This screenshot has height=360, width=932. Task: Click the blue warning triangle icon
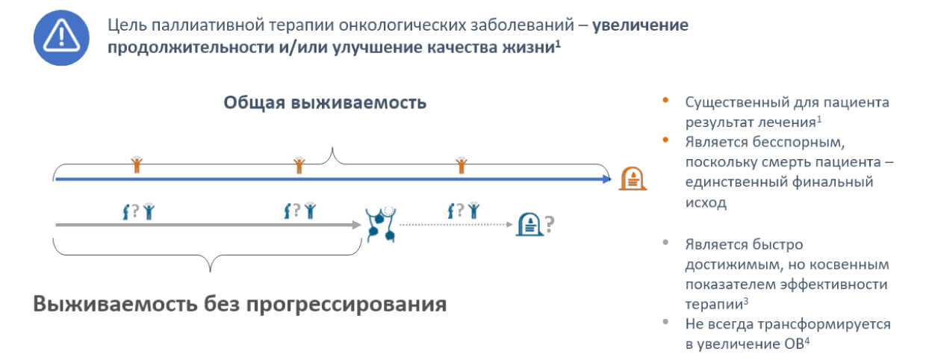(61, 37)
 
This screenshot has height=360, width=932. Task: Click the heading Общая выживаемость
(325, 102)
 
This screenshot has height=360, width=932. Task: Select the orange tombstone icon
(633, 179)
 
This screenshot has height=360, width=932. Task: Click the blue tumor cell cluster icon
(381, 223)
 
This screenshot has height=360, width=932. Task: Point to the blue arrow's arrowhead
(606, 179)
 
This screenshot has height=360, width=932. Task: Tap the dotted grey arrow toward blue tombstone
(456, 223)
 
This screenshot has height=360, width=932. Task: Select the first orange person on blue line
(137, 164)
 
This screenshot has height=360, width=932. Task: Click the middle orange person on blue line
(299, 164)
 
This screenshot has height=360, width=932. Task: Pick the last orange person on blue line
(462, 164)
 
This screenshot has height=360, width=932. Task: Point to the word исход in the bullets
(706, 202)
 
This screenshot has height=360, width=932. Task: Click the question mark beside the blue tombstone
(550, 223)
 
